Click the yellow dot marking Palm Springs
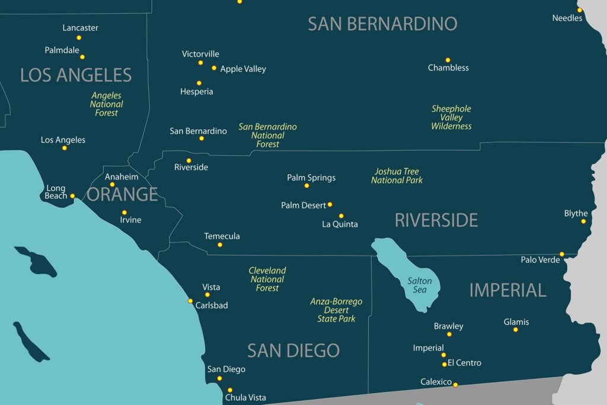tap(306, 186)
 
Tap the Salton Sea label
tap(420, 285)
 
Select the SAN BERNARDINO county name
tap(382, 24)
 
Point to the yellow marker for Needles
tap(580, 9)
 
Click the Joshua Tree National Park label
tap(397, 176)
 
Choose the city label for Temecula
tap(222, 236)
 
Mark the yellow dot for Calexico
tap(455, 385)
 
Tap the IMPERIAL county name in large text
tap(507, 290)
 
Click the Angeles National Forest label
tap(107, 104)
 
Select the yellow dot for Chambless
tap(448, 60)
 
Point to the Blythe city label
tap(576, 213)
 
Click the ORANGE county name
tap(122, 194)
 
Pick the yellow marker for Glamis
tap(516, 330)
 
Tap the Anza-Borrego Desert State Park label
tap(336, 310)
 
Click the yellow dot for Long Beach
tap(72, 196)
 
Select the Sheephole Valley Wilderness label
tap(451, 117)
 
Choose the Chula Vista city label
tap(245, 397)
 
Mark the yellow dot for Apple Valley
tap(214, 68)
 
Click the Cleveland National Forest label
tap(267, 279)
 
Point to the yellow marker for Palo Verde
tap(562, 254)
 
